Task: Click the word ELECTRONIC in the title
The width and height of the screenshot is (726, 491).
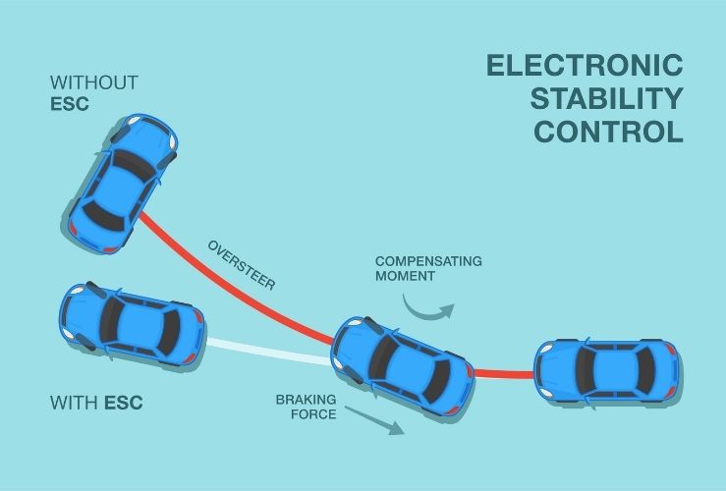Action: pyautogui.click(x=585, y=65)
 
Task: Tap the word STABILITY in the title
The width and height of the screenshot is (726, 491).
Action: pyautogui.click(x=606, y=98)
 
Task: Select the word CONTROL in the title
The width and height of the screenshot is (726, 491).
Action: pyautogui.click(x=609, y=132)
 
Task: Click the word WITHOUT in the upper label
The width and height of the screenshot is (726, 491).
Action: pyautogui.click(x=94, y=82)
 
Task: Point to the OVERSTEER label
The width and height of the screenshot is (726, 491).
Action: pyautogui.click(x=242, y=265)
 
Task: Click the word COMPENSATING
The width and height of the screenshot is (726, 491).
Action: pyautogui.click(x=428, y=261)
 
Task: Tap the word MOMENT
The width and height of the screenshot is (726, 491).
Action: pyautogui.click(x=405, y=276)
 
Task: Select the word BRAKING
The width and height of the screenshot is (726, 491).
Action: pyautogui.click(x=307, y=400)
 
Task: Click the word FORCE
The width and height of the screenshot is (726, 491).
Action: pyautogui.click(x=313, y=414)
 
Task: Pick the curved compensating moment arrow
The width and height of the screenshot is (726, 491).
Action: pyautogui.click(x=425, y=315)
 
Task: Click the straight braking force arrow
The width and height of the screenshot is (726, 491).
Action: pyautogui.click(x=374, y=420)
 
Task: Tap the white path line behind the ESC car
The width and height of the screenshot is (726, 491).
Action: pyautogui.click(x=268, y=351)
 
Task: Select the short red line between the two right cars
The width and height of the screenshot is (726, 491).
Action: pyautogui.click(x=504, y=373)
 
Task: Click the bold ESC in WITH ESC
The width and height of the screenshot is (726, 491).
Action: pyautogui.click(x=123, y=403)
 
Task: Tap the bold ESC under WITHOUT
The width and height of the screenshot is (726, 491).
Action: pyautogui.click(x=70, y=104)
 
